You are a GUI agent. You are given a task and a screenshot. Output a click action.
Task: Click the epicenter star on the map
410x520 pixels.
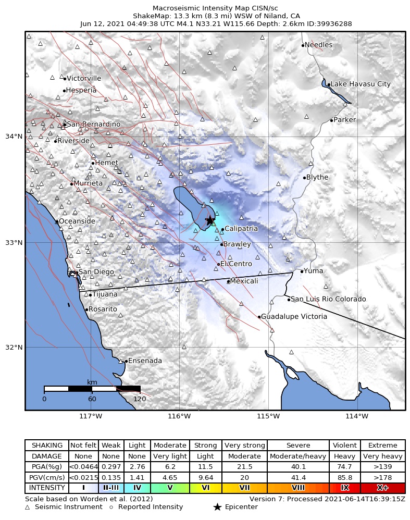pos(209,220)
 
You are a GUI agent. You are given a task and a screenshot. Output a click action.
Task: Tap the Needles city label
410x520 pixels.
pos(318,45)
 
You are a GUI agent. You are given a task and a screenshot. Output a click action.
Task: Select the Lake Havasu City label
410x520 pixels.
pos(361,84)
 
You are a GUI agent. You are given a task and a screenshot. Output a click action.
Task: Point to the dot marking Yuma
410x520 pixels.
pos(302,271)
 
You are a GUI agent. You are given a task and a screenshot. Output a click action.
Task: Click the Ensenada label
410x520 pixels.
pos(145,361)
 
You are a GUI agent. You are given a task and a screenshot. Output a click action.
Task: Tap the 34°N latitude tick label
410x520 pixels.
pos(14,137)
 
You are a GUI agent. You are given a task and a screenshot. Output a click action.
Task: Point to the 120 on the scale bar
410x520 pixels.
pos(140,399)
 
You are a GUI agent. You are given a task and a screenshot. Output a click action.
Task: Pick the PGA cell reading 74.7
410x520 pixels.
pos(344,466)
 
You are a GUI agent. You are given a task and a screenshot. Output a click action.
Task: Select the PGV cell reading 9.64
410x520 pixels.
pos(205,477)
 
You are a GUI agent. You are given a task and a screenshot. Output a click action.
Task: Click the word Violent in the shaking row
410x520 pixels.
pos(344,445)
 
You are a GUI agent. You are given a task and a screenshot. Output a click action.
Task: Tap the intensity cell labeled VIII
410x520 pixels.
pos(298,488)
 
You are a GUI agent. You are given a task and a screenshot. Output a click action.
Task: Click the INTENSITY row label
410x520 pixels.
pos(47,488)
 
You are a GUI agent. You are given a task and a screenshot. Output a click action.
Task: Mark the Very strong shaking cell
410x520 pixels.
pos(244,445)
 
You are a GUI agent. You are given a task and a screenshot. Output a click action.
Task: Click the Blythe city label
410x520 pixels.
pos(317,177)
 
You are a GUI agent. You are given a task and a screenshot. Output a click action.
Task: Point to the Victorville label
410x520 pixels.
pos(84,78)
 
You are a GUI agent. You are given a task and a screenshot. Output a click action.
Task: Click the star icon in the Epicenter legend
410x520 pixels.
pos(218,507)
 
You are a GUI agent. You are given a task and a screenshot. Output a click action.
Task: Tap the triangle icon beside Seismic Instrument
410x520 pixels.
pos(28,507)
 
